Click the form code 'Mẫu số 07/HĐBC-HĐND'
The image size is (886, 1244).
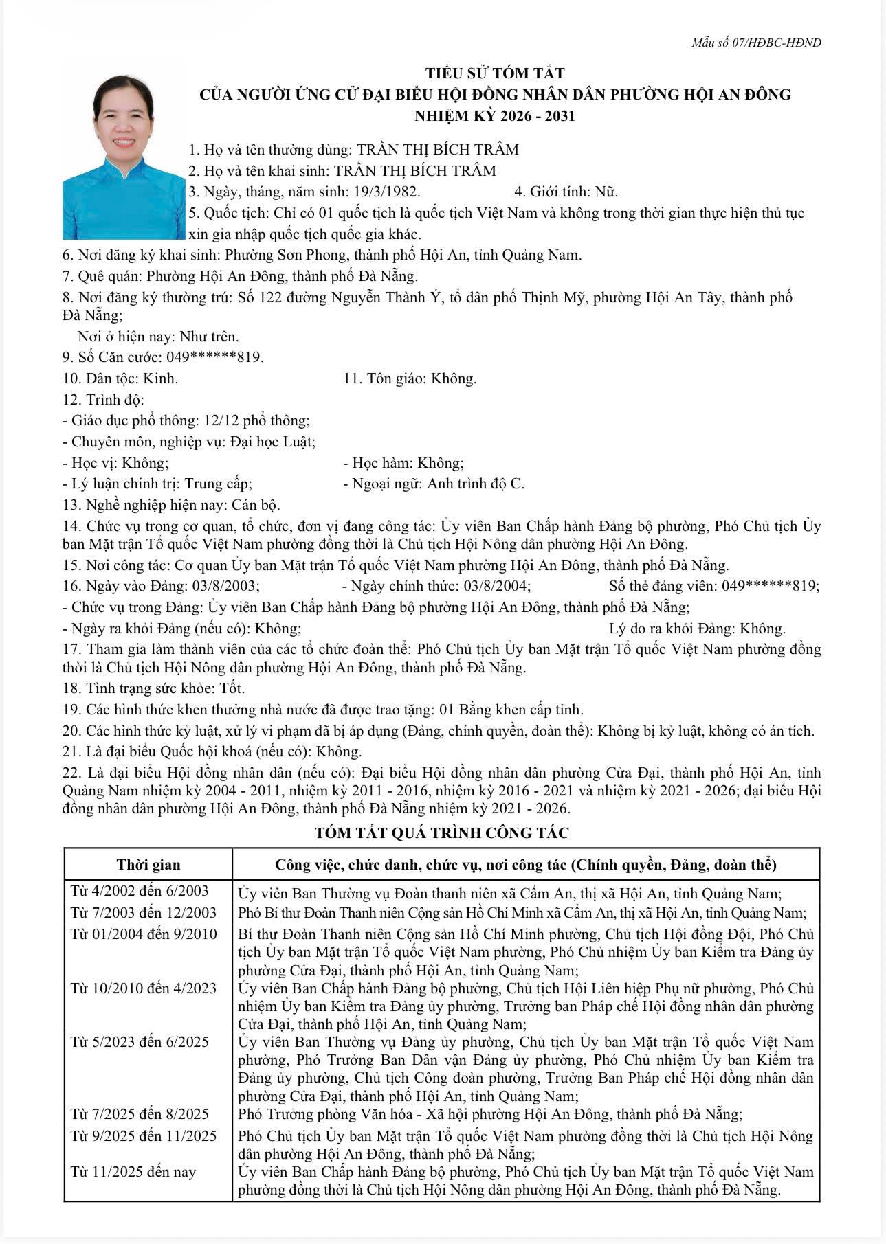click(x=756, y=43)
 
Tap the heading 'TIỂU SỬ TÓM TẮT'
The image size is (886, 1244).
click(x=495, y=73)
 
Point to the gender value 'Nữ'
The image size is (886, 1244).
click(x=606, y=192)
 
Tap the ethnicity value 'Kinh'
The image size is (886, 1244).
click(x=160, y=378)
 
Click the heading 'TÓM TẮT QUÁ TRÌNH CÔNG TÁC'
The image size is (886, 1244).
click(x=442, y=833)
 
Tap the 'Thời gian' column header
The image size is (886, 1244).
click(x=148, y=864)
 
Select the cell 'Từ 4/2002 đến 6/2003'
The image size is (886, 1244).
click(x=140, y=891)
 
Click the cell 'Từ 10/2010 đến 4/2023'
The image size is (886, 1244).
click(x=144, y=988)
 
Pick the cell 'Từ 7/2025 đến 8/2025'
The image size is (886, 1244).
click(x=140, y=1113)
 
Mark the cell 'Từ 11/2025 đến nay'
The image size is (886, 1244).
click(x=133, y=1171)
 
